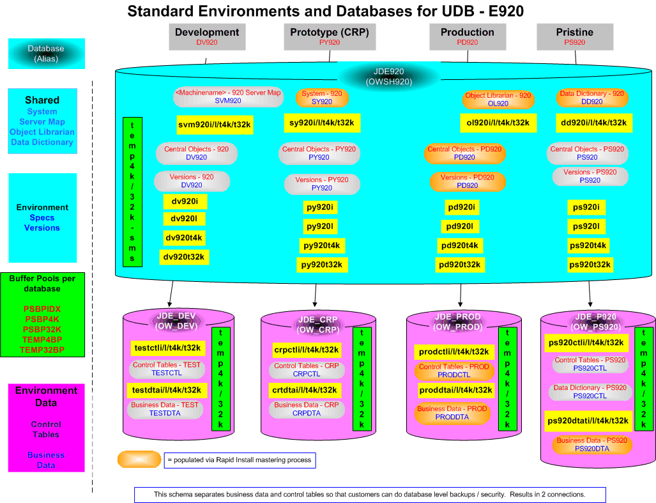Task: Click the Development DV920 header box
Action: click(x=207, y=36)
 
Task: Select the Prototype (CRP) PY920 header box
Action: click(x=329, y=36)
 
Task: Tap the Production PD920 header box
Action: click(x=467, y=36)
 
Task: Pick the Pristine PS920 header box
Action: click(x=574, y=36)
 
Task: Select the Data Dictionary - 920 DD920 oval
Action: click(x=591, y=97)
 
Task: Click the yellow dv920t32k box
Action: click(x=185, y=257)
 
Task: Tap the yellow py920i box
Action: click(x=319, y=208)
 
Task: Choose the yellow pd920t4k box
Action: click(x=460, y=245)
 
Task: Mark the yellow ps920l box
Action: click(x=586, y=226)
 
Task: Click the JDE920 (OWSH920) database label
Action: click(x=388, y=76)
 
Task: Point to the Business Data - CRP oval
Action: click(x=306, y=409)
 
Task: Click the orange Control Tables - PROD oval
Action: click(x=454, y=371)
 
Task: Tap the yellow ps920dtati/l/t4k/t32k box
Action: click(x=587, y=421)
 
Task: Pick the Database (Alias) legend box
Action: click(x=46, y=54)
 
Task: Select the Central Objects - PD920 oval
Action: click(x=464, y=153)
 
